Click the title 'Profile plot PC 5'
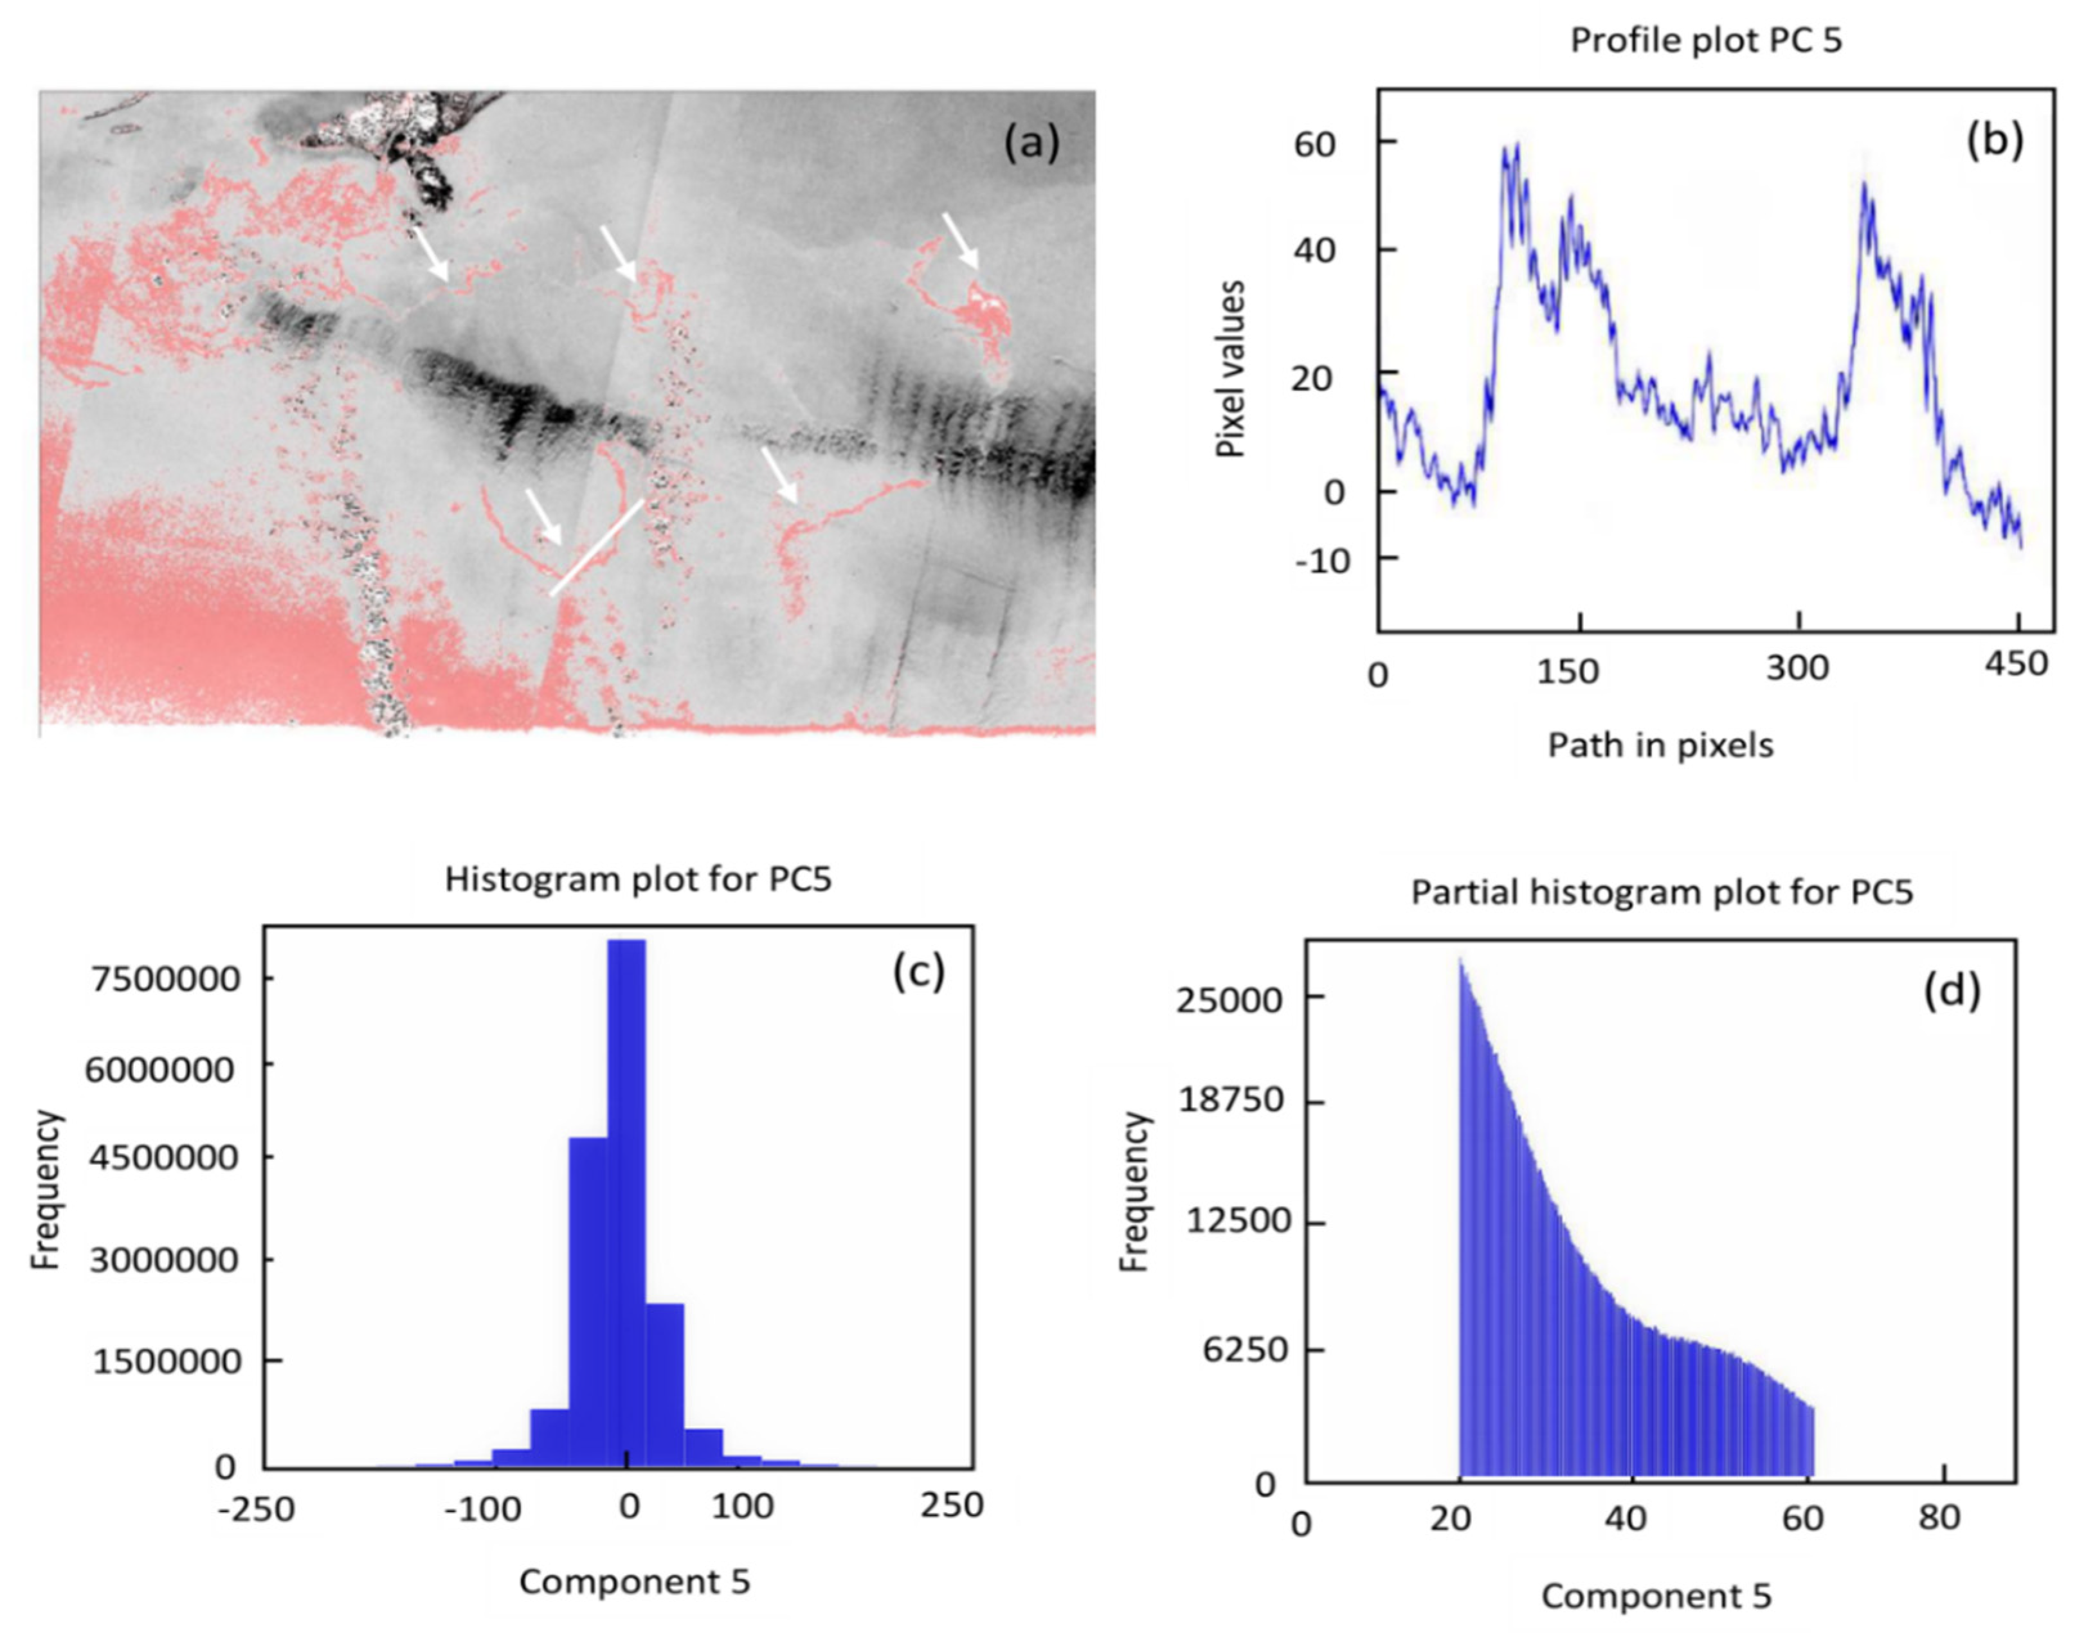click(1706, 41)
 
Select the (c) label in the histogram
click(918, 971)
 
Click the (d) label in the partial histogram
click(1952, 991)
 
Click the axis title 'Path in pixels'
click(1660, 744)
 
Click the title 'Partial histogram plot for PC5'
click(1662, 892)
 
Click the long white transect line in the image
click(597, 546)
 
